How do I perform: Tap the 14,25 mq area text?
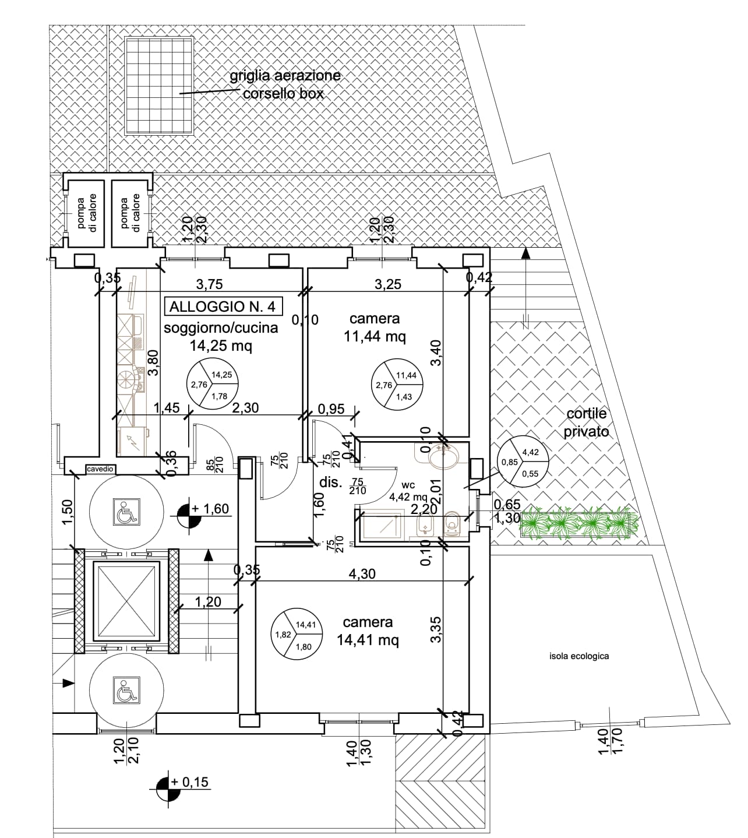(x=221, y=346)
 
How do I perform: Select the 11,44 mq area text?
(x=375, y=336)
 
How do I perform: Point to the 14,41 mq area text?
(x=368, y=640)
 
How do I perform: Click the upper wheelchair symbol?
(x=126, y=511)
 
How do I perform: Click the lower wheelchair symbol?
(x=125, y=691)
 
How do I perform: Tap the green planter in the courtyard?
(x=579, y=523)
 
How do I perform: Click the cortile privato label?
(x=586, y=422)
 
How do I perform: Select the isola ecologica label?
(x=578, y=656)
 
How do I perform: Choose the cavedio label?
(x=99, y=469)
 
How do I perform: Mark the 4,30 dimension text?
(x=362, y=574)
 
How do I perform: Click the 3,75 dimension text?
(x=209, y=284)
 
